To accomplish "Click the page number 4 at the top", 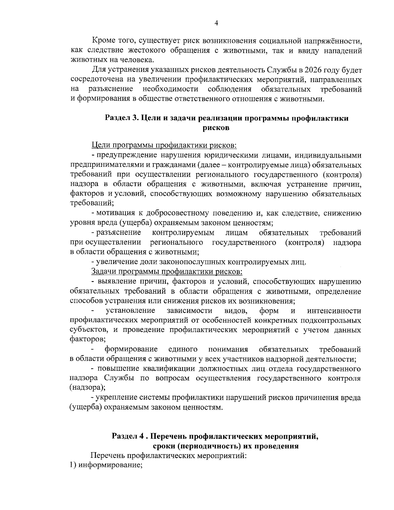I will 216,23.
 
